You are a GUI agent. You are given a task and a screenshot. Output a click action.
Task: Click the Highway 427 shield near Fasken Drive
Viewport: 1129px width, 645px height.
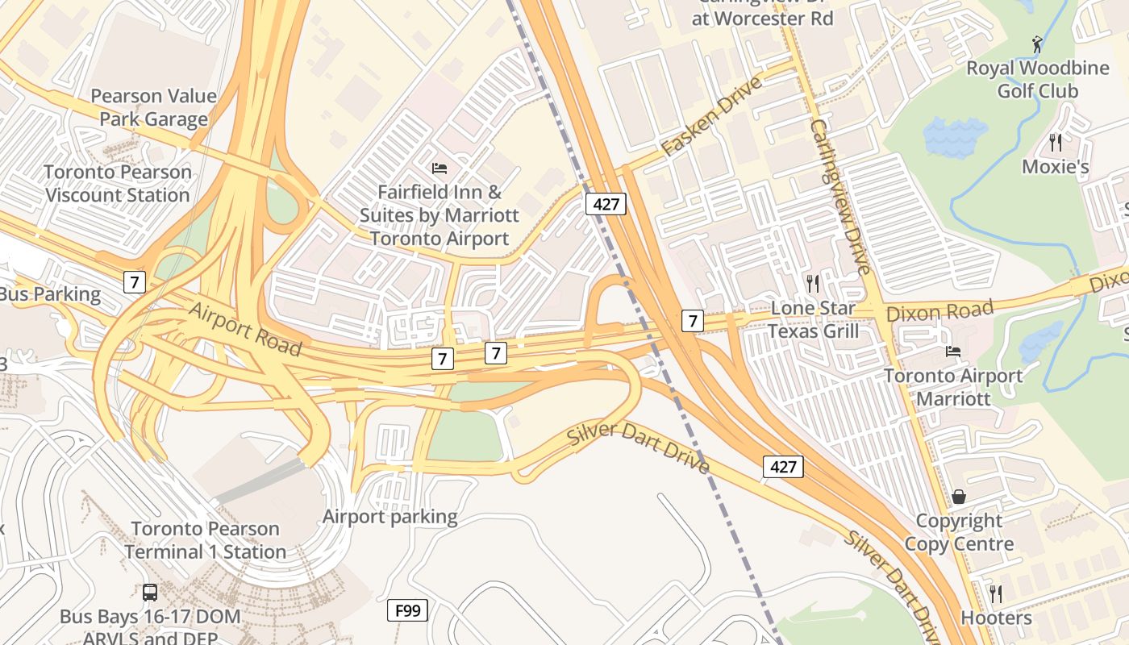(x=606, y=204)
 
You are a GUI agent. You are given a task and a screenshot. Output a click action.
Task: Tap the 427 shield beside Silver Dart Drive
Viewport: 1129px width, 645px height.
(x=783, y=466)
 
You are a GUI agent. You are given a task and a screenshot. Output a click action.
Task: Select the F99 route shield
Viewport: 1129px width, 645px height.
(x=407, y=610)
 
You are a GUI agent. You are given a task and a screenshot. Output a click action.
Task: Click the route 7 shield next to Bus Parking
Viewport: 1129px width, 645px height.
(x=135, y=282)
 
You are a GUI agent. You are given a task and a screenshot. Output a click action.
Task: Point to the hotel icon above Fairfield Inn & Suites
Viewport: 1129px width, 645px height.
(x=440, y=169)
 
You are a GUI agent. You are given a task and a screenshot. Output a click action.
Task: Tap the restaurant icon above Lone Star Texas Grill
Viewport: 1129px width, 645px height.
(x=813, y=283)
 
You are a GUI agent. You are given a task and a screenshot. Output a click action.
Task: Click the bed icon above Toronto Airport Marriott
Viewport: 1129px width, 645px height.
(x=953, y=351)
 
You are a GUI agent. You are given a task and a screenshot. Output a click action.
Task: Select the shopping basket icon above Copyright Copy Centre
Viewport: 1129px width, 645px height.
(x=959, y=496)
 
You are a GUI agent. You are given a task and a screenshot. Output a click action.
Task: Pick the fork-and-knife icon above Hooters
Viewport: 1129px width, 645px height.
(x=996, y=593)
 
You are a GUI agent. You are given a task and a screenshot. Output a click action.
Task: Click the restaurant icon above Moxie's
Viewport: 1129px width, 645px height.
(x=1055, y=143)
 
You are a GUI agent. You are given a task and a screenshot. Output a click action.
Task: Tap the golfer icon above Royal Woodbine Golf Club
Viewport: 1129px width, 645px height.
(x=1037, y=44)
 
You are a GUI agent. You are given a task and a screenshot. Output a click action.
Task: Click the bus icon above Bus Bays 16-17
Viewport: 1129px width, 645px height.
(x=150, y=593)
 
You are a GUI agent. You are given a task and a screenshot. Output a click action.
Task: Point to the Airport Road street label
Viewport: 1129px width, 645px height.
(x=245, y=329)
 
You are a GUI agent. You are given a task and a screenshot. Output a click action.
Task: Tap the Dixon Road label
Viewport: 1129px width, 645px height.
(x=939, y=310)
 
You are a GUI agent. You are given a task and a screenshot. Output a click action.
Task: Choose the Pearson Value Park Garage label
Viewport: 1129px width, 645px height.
(x=153, y=107)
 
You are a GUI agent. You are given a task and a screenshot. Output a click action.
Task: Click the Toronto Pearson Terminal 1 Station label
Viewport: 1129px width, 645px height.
(x=205, y=540)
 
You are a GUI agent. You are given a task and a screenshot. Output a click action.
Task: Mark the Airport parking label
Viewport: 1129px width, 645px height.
(x=390, y=516)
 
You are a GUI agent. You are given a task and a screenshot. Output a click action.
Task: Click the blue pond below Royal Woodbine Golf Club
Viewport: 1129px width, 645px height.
(x=956, y=136)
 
